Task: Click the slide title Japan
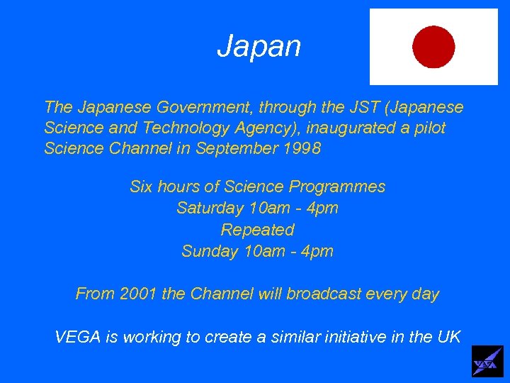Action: (x=259, y=47)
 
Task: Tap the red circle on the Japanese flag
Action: (x=433, y=47)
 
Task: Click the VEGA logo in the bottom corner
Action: (x=487, y=362)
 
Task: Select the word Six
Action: (x=143, y=187)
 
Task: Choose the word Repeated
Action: (x=257, y=230)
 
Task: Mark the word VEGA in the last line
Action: (x=78, y=337)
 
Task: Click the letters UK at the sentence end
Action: (x=448, y=337)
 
